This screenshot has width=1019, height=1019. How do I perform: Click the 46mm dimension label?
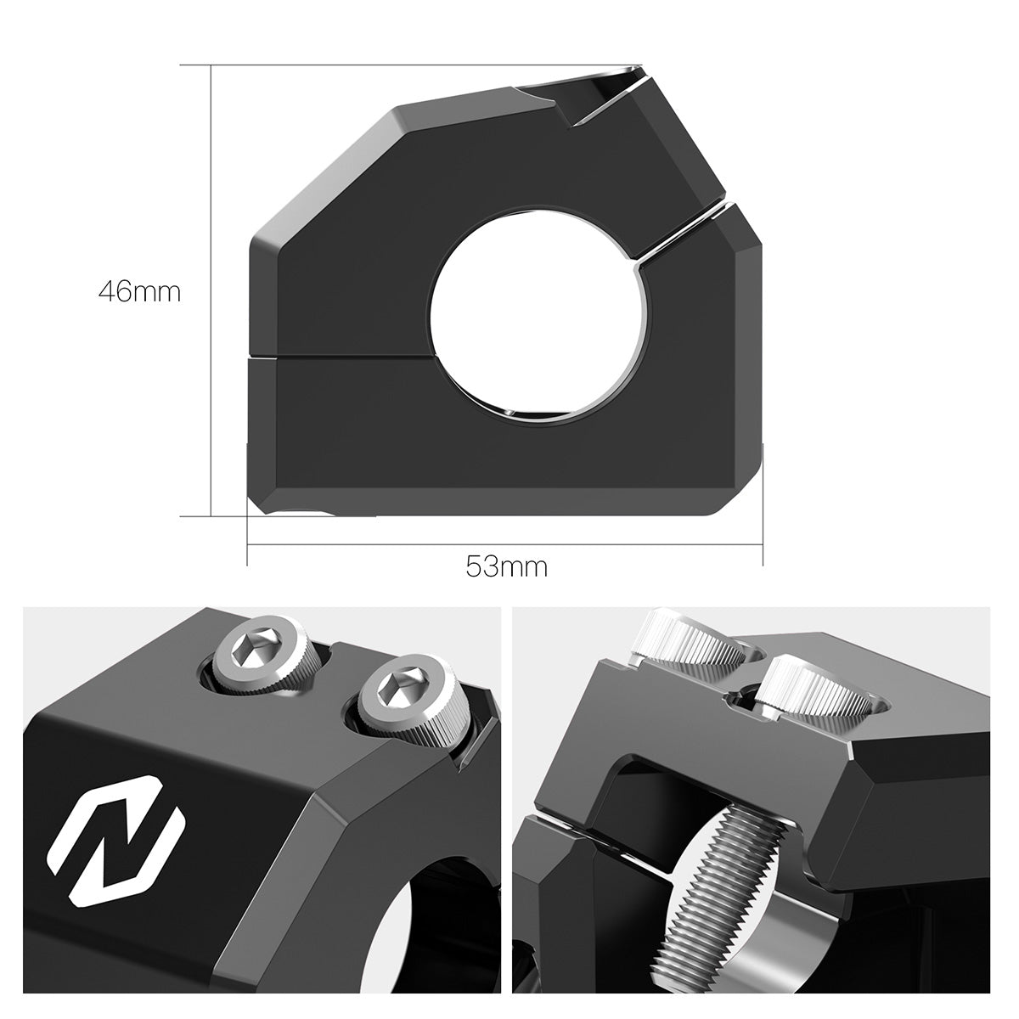coord(139,292)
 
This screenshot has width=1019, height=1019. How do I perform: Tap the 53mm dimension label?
coord(506,566)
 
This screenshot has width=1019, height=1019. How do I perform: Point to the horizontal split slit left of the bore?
coord(340,357)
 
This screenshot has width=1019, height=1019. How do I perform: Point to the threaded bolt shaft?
coord(722,883)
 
